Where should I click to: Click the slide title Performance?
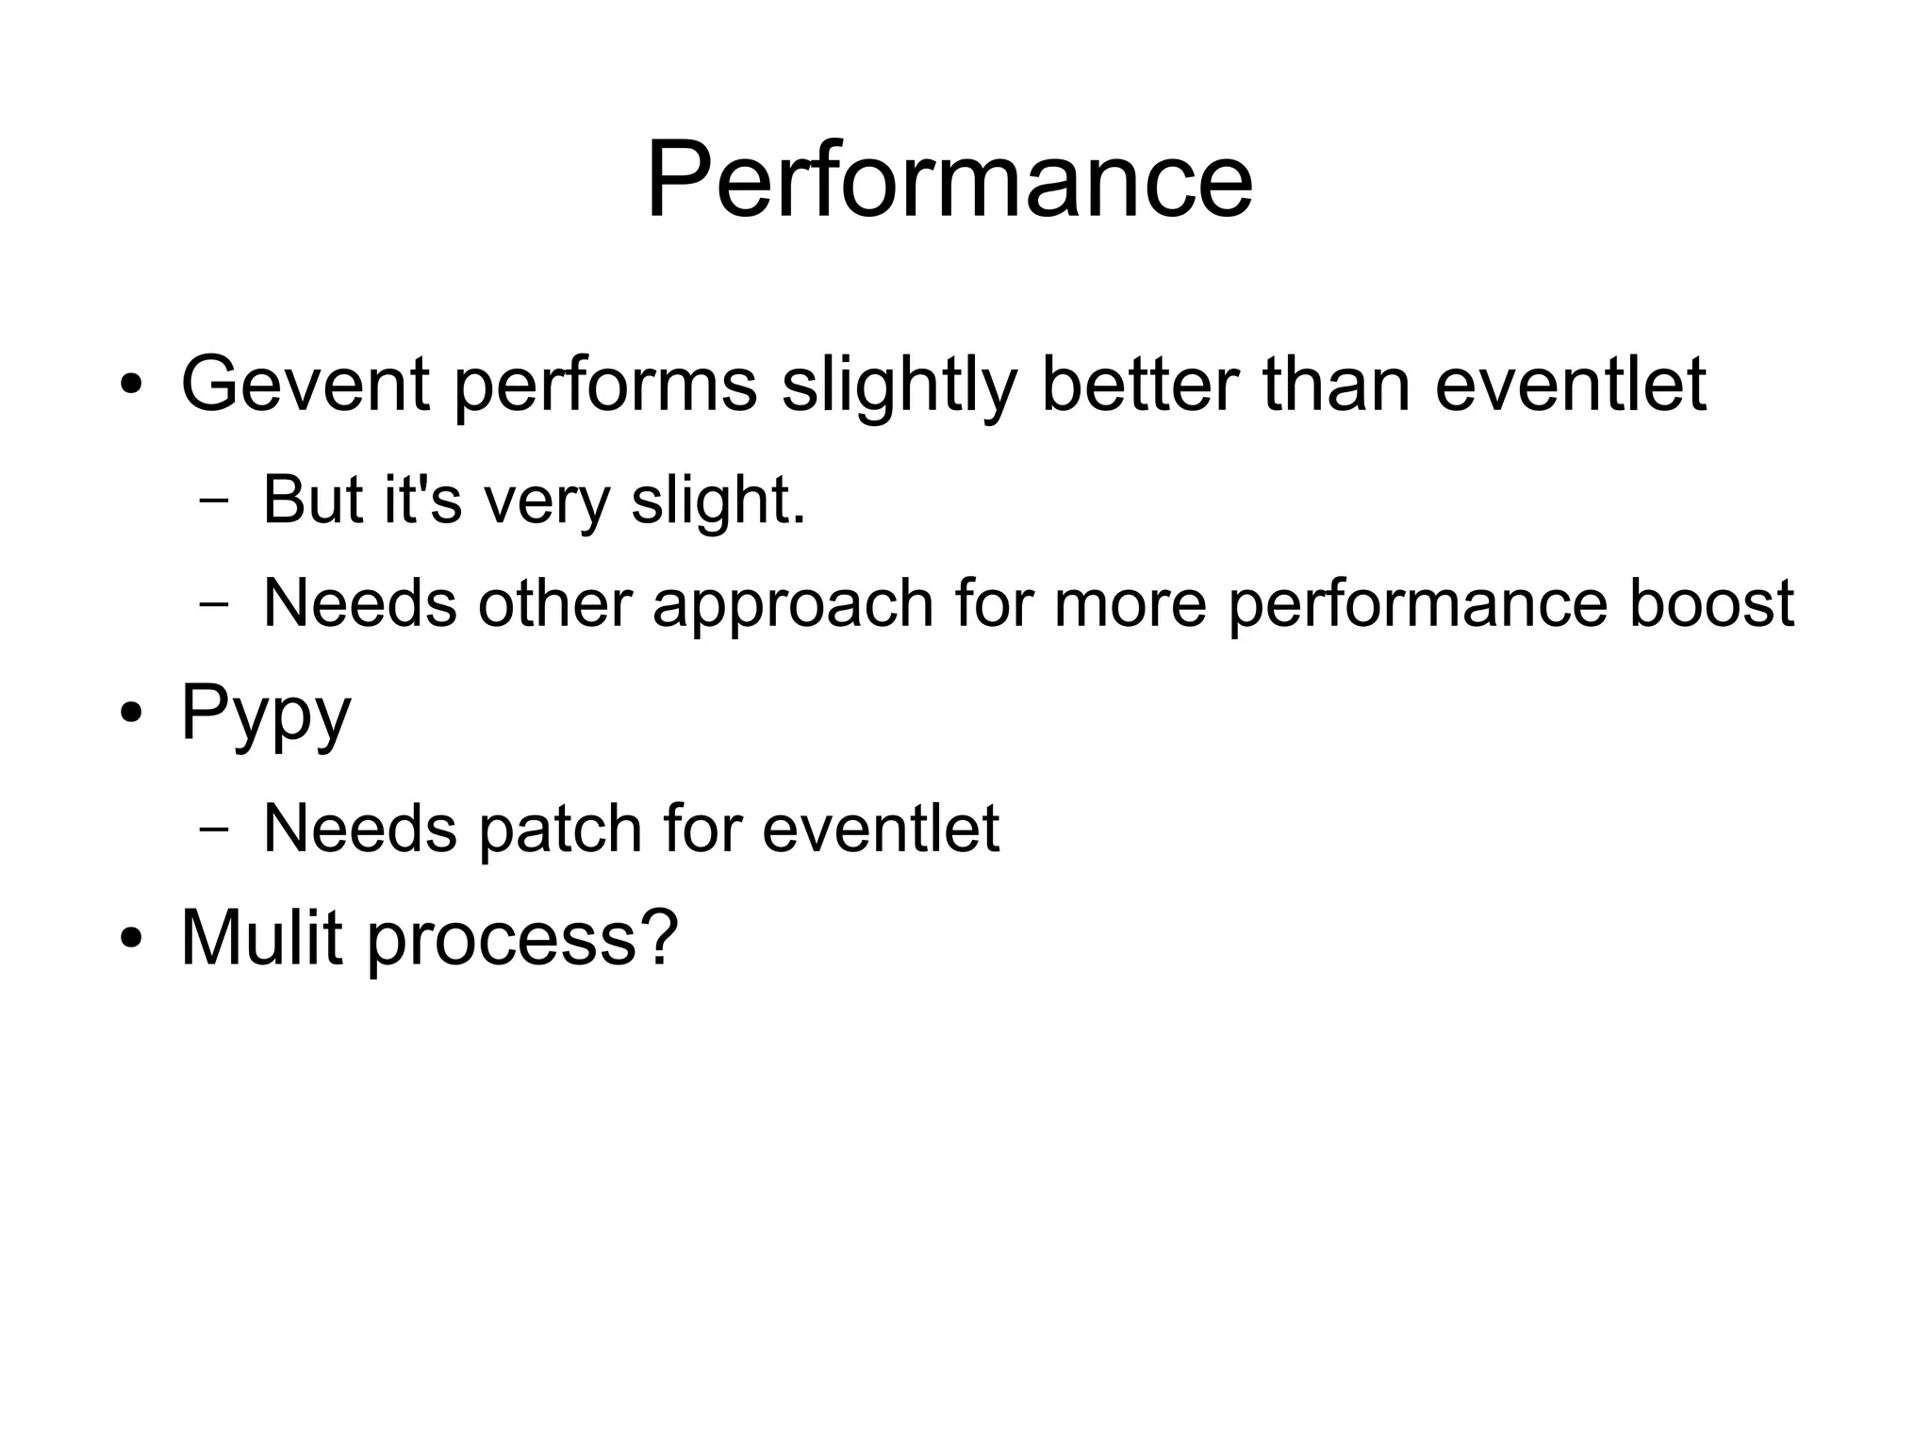pos(949,179)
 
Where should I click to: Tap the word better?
pos(1139,384)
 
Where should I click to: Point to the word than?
pos(1336,384)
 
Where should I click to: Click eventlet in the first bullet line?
pos(1570,384)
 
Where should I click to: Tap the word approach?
pos(792,603)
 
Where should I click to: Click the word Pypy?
pos(265,715)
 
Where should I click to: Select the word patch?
pos(560,829)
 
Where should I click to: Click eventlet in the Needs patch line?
pos(880,829)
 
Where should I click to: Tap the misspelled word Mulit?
pos(261,938)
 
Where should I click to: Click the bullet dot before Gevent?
pos(131,386)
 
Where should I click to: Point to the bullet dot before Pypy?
pos(131,714)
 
